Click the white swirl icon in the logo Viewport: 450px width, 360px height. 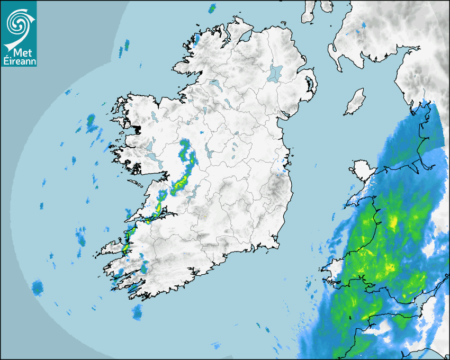click(17, 23)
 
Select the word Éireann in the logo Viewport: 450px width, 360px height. click(19, 61)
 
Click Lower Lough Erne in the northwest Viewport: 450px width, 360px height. click(214, 83)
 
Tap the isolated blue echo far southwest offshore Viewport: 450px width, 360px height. click(37, 287)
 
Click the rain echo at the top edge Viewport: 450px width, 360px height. click(212, 8)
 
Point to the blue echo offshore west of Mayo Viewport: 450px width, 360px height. click(91, 123)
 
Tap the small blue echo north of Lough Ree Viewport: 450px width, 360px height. click(203, 131)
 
